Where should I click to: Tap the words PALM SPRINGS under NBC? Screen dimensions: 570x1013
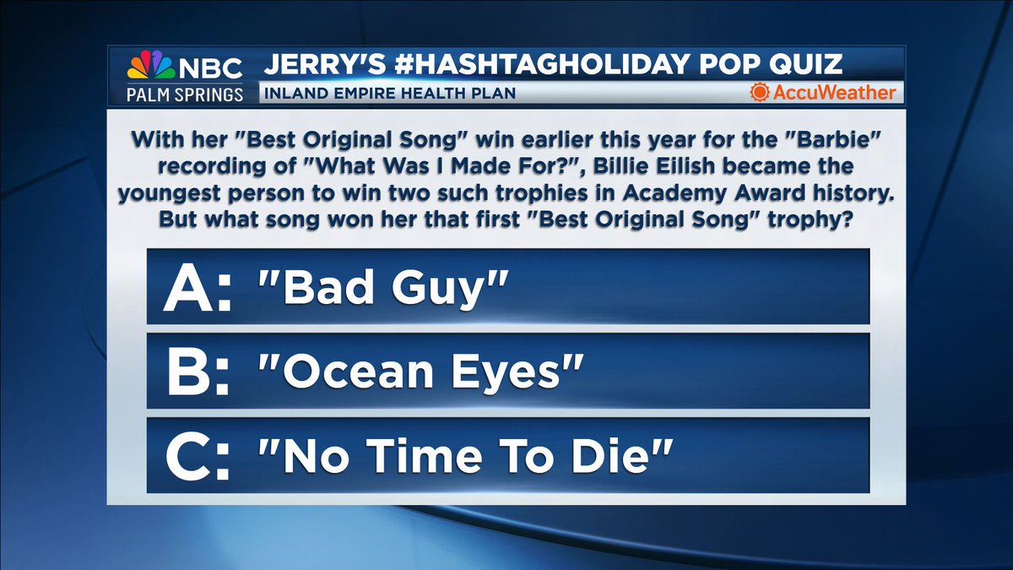pos(185,92)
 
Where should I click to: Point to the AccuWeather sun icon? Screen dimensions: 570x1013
pos(761,92)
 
